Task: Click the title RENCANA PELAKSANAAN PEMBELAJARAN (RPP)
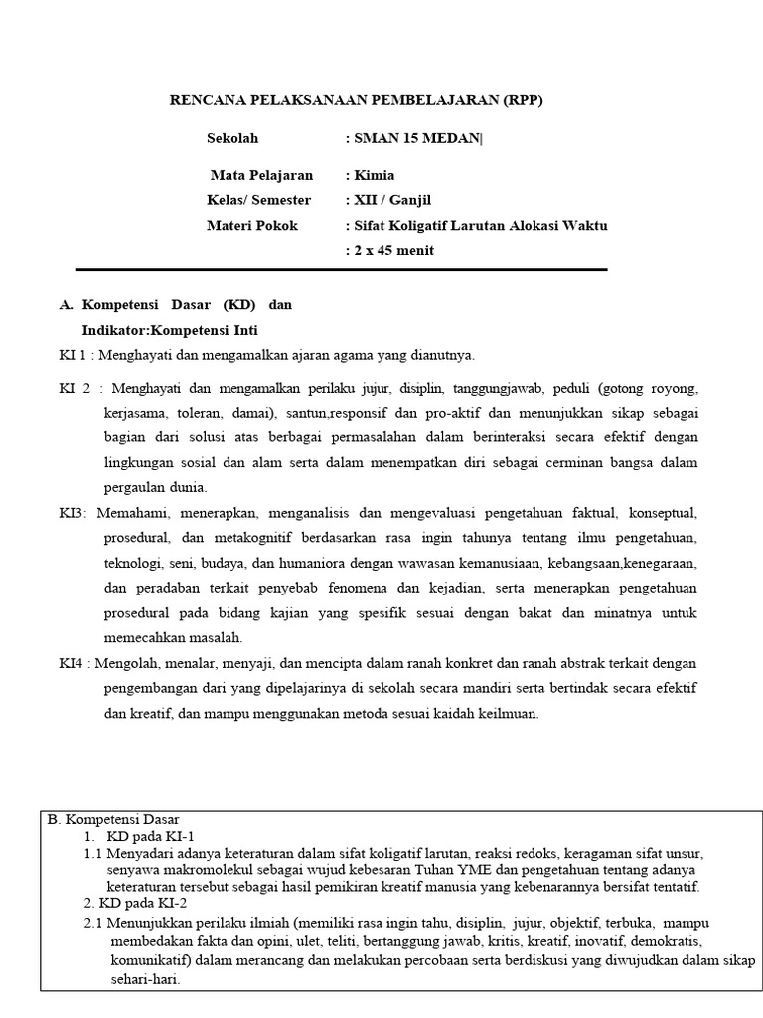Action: (x=357, y=100)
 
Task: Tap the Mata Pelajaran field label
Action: (x=261, y=175)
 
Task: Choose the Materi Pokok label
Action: (x=251, y=225)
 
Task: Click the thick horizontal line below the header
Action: (x=341, y=269)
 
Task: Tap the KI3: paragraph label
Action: (x=73, y=513)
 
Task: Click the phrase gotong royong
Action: (x=658, y=387)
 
